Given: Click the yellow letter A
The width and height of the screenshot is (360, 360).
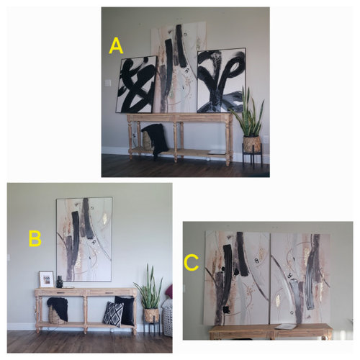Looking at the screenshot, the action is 116,46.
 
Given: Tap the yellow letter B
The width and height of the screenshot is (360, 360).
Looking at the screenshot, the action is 35,238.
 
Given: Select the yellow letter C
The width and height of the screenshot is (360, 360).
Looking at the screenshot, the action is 192,262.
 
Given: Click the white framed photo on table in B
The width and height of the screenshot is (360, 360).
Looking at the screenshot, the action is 46,279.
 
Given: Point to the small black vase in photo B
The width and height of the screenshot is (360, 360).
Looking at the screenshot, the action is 60,282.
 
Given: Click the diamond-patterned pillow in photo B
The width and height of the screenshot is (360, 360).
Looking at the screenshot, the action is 113,314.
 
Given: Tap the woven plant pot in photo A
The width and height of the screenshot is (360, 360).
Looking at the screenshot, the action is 252,144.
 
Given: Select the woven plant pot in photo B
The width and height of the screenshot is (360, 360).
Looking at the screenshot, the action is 151,315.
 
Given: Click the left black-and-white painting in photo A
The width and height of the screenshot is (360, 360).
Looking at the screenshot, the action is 136,84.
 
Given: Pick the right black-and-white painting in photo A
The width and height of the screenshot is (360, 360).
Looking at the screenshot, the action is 221,81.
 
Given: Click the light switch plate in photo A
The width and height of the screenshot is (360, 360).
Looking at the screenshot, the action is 108,83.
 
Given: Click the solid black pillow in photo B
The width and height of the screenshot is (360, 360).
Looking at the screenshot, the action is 125,310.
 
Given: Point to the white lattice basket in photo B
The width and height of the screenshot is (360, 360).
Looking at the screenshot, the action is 168,321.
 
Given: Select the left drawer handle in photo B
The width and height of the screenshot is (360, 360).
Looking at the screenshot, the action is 60,293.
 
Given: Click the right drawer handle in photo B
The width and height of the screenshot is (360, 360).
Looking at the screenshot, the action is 109,293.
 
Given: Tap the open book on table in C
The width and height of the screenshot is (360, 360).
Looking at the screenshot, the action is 286,326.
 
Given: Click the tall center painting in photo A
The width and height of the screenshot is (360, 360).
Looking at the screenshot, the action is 178,68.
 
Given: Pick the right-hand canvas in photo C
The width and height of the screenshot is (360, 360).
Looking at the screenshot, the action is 300,279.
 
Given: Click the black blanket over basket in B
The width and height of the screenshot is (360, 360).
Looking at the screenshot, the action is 58,308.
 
